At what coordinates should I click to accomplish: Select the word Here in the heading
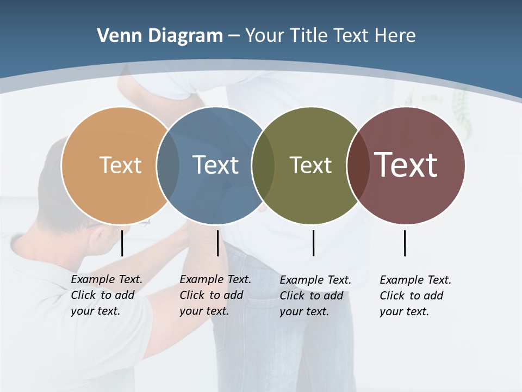tap(395, 36)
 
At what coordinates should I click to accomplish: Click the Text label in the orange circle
tap(120, 165)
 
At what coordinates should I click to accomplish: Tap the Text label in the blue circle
tap(215, 165)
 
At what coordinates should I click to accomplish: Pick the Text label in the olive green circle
tap(310, 165)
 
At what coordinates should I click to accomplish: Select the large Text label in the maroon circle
tap(406, 164)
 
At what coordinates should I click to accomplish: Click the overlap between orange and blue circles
tap(168, 165)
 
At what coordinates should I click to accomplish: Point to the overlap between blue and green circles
tap(263, 165)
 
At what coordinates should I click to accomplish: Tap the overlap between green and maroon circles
tap(358, 165)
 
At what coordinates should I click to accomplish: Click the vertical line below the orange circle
tap(122, 243)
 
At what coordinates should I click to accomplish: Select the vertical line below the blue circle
tap(217, 243)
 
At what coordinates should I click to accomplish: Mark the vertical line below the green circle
tap(313, 243)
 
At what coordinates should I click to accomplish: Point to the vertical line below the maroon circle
tap(405, 243)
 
